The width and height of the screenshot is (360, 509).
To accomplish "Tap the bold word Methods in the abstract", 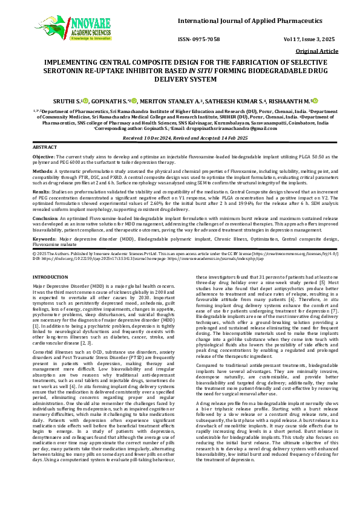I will [x=43, y=170].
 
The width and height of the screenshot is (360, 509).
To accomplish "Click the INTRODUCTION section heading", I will [x=50, y=276].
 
